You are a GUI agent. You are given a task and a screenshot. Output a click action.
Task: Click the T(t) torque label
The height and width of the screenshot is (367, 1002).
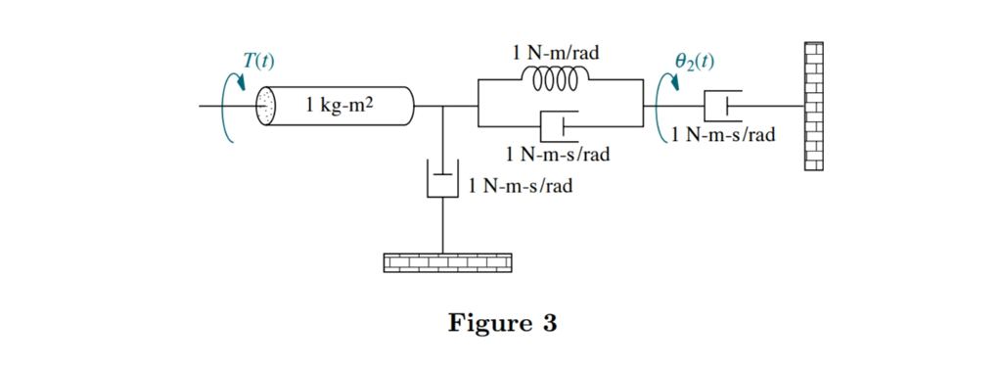point(258,61)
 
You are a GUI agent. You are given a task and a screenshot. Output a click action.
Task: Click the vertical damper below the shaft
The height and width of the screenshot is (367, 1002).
point(443,180)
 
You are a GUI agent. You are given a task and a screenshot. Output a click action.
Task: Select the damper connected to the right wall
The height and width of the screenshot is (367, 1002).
point(722,105)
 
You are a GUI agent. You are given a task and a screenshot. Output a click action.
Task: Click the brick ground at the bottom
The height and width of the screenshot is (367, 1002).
point(448,261)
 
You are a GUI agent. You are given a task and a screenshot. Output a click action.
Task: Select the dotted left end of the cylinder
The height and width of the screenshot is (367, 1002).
point(266,106)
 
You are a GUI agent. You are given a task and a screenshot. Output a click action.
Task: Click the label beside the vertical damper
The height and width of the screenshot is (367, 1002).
point(521,185)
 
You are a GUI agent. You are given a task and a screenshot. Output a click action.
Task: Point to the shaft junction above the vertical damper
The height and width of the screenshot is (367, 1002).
point(443,106)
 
